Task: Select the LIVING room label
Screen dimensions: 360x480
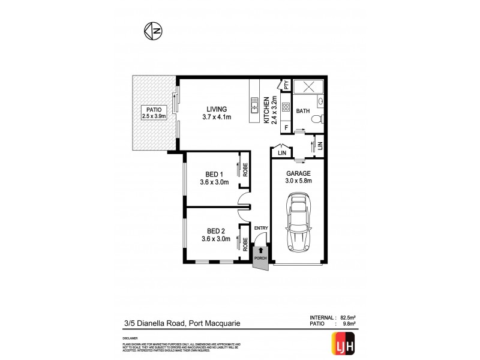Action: [217, 109]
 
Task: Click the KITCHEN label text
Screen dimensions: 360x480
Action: [268, 110]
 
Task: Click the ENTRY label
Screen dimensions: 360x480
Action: [261, 228]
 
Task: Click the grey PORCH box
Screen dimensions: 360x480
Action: [260, 257]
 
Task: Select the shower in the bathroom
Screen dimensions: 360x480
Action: [311, 86]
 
